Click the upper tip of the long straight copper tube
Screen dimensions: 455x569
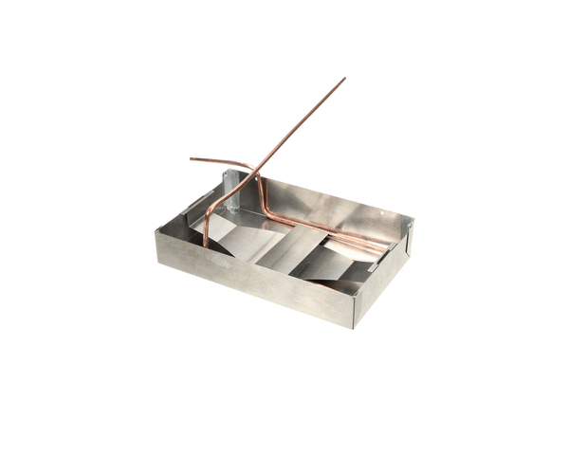(x=344, y=79)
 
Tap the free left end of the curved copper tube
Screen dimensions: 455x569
(x=193, y=159)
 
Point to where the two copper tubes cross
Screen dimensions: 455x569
(x=253, y=170)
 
